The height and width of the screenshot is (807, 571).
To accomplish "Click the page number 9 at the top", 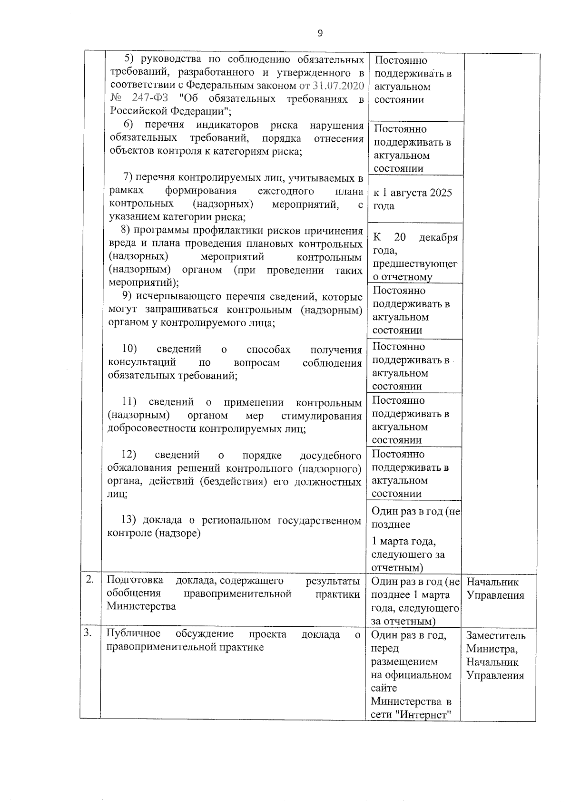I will pos(320,33).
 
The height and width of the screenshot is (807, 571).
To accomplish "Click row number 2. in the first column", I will pos(89,580).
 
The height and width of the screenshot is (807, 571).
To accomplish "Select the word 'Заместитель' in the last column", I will pos(496,636).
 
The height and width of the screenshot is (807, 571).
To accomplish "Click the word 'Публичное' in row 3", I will pos(133,634).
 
